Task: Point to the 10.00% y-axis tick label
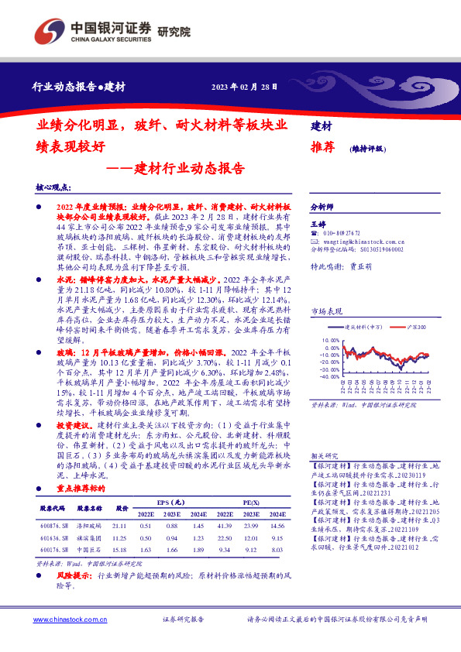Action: pos(329,339)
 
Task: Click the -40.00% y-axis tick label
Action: pos(329,378)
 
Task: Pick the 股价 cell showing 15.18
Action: pos(120,551)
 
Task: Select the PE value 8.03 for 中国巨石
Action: pos(277,551)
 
